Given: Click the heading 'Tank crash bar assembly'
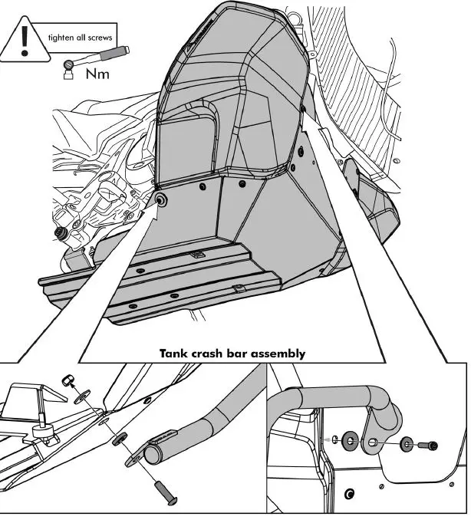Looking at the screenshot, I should tap(232, 354).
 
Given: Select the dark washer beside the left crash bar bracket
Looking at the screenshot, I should tap(121, 441).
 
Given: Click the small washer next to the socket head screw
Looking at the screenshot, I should tap(404, 444).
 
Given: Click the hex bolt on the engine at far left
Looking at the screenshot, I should tap(58, 232).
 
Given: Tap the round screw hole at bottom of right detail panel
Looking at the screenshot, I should tap(350, 492).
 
